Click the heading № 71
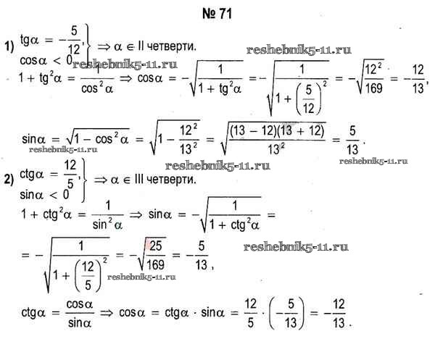(217, 14)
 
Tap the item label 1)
(9, 46)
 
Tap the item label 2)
(9, 180)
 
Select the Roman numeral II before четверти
(141, 46)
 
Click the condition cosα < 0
(46, 60)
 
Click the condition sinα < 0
(44, 195)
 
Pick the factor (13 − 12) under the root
(253, 130)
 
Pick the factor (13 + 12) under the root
(301, 130)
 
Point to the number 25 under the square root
(156, 246)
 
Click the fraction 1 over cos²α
(97, 80)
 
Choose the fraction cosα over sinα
(80, 314)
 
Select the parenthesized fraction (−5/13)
(286, 313)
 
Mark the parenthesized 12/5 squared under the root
(91, 275)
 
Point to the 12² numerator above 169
(373, 69)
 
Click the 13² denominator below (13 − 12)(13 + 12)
(276, 149)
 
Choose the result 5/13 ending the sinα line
(352, 140)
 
